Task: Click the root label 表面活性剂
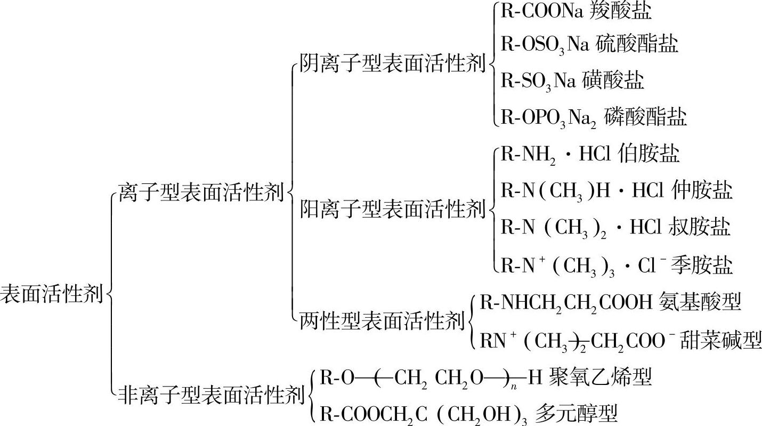point(52,294)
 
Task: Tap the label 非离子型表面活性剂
point(211,396)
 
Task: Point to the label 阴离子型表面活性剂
point(392,63)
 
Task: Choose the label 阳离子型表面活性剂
point(392,208)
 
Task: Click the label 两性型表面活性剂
point(382,321)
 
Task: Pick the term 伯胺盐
point(649,154)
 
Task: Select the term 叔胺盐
point(699,227)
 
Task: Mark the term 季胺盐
point(702,264)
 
